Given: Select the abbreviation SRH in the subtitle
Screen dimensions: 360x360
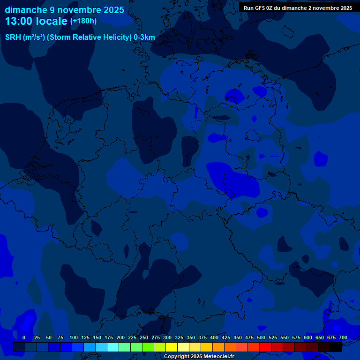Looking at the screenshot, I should [x=13, y=37].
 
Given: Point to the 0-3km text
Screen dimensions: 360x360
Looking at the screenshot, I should [x=144, y=37].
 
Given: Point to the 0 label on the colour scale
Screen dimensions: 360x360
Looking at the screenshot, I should [x=24, y=337].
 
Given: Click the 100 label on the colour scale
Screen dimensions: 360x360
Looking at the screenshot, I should [x=74, y=337].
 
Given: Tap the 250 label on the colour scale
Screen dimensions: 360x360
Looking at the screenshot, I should [x=144, y=337].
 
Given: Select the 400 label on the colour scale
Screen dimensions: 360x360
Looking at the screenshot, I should [x=214, y=337].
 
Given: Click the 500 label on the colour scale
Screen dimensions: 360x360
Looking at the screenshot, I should [x=261, y=337].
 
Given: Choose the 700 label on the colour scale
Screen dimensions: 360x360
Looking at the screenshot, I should [x=343, y=337].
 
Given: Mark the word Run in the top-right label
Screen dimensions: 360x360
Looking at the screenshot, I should [x=249, y=8].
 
